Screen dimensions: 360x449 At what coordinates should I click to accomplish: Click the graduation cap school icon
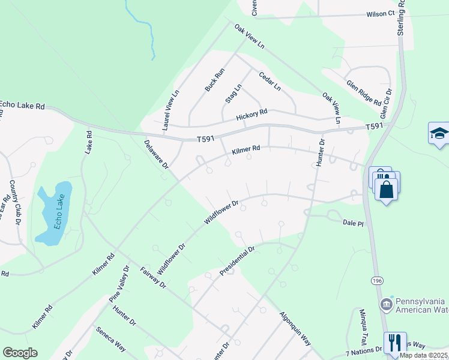click(x=439, y=133)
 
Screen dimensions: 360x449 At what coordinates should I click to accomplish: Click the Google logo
click(x=20, y=353)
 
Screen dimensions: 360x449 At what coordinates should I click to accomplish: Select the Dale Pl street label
click(x=353, y=223)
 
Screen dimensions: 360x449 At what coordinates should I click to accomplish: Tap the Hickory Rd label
click(x=251, y=114)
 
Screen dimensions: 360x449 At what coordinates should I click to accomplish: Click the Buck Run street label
click(x=214, y=79)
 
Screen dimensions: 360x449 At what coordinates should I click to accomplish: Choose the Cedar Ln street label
click(x=270, y=81)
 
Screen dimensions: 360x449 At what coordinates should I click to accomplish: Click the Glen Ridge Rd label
click(x=364, y=93)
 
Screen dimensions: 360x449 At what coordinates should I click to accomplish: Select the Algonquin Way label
click(x=294, y=329)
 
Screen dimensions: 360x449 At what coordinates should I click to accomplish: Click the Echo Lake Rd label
click(x=23, y=106)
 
